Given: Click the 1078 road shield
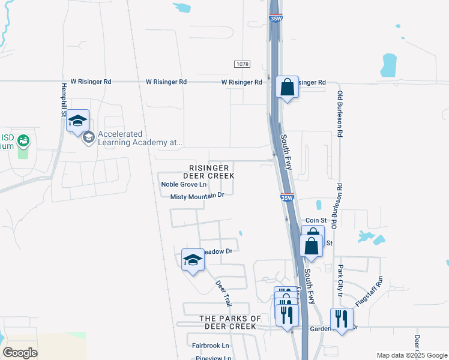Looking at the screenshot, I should (x=242, y=64).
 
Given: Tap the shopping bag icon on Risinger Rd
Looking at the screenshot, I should (x=288, y=87).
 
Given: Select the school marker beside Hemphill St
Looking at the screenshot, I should (x=77, y=121).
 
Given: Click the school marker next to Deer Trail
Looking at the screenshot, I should (x=193, y=260).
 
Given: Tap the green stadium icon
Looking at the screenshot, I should (x=24, y=142).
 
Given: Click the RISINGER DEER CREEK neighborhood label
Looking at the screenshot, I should (x=208, y=172).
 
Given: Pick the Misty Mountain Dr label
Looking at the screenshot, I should (x=197, y=196).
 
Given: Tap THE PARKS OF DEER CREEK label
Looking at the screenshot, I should (x=231, y=322).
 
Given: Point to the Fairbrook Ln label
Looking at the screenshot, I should (x=211, y=346).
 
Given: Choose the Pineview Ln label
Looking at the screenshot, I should (x=214, y=358).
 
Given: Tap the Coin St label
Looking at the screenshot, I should (x=315, y=221).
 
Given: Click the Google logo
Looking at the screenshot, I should (x=20, y=353).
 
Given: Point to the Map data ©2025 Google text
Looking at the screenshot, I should (x=411, y=355).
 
